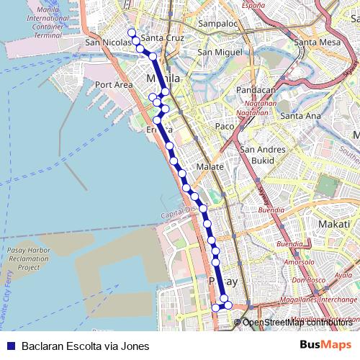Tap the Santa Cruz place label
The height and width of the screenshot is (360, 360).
click(163, 38)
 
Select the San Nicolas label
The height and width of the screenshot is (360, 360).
click(107, 42)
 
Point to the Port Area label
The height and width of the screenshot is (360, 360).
click(114, 84)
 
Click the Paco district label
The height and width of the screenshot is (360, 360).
click(225, 126)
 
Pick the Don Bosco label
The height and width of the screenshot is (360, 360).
click(309, 279)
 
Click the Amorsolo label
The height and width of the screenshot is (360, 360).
click(299, 262)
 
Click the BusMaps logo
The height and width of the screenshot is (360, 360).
click(326, 345)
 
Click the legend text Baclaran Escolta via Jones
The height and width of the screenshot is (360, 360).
click(85, 346)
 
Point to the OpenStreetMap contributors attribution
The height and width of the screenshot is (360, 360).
click(297, 323)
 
